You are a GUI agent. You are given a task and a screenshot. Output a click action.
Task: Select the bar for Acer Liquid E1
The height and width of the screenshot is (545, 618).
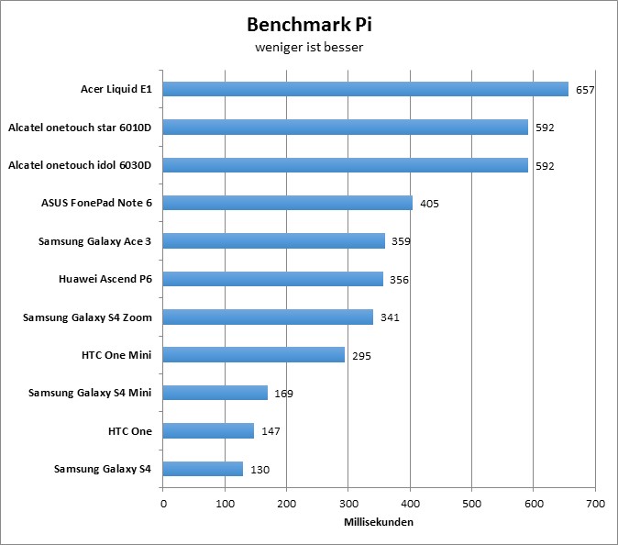click(x=366, y=89)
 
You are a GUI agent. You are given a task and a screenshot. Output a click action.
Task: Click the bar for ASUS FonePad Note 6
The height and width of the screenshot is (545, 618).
click(x=288, y=203)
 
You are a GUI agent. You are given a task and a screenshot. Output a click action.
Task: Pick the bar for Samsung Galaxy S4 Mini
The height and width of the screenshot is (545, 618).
click(x=215, y=393)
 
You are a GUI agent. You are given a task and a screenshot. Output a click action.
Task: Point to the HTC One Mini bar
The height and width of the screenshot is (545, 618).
click(x=254, y=354)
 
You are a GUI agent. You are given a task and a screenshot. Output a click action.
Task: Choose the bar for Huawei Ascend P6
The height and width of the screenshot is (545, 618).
click(x=273, y=279)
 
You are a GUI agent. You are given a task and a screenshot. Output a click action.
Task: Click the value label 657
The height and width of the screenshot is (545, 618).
click(x=586, y=90)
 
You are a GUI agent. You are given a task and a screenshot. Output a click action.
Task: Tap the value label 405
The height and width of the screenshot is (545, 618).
click(x=430, y=204)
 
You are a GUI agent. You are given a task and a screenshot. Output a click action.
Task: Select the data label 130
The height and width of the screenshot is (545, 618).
click(x=260, y=469)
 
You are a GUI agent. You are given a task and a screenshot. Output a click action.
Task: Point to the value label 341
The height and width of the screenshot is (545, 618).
click(x=391, y=317)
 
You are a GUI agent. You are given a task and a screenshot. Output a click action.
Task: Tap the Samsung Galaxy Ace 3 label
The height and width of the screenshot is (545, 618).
click(x=94, y=240)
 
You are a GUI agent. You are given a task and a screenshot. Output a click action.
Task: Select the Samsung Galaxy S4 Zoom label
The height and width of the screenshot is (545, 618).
click(x=87, y=317)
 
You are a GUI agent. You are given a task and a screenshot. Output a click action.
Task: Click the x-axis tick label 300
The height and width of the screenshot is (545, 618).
click(x=348, y=504)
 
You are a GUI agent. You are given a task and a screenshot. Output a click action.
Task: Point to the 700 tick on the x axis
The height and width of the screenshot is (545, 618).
click(x=595, y=504)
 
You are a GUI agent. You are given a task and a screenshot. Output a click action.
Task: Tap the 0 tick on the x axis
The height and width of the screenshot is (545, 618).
click(x=163, y=504)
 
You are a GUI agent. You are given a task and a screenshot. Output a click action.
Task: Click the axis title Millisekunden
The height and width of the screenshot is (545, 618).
click(x=379, y=523)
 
